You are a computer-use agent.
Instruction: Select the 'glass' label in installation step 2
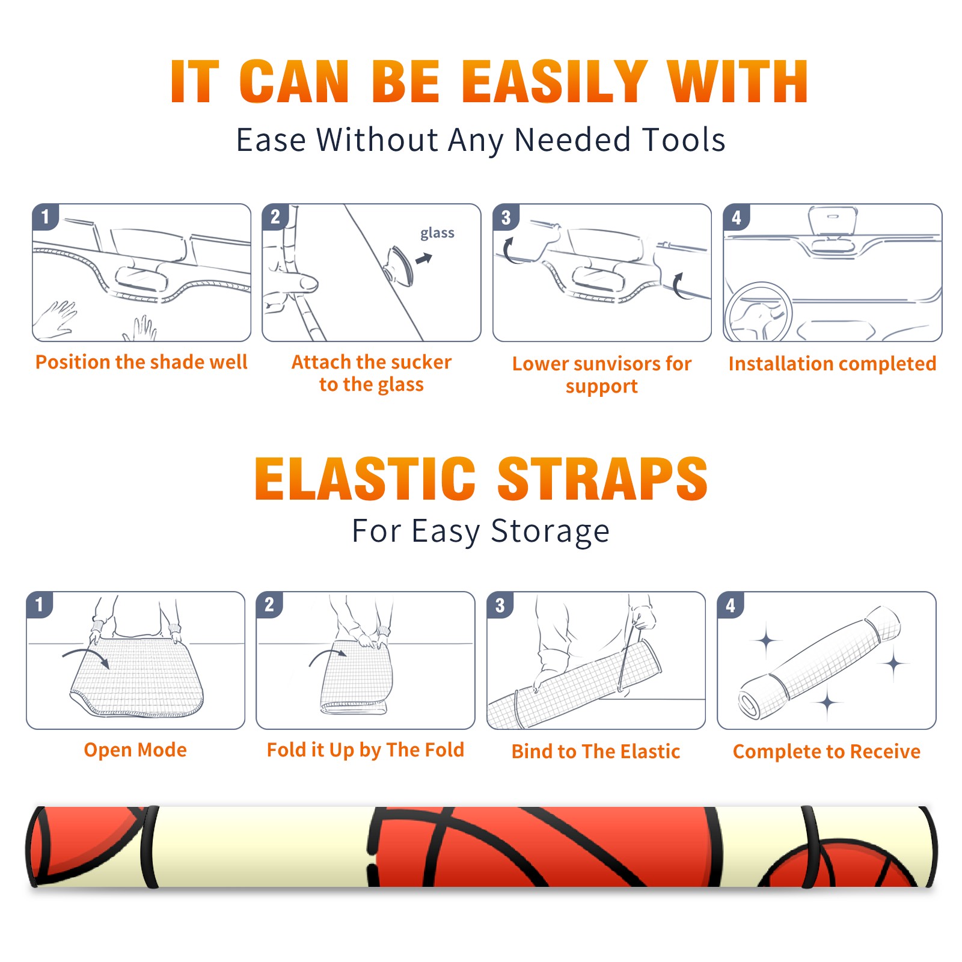point(437,233)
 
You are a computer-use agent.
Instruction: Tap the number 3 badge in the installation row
point(506,217)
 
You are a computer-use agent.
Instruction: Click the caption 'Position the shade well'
point(141,362)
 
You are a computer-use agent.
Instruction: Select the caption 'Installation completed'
point(832,363)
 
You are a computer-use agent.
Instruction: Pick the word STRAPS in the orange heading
point(602,479)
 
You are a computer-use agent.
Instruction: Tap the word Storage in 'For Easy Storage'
point(550,532)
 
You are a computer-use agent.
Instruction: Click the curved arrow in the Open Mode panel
point(86,656)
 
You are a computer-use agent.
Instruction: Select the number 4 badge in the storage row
point(731,605)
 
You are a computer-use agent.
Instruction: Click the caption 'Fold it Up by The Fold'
point(366,750)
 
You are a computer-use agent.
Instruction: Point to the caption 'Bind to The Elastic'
point(596,752)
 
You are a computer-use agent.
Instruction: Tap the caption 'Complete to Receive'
point(827,752)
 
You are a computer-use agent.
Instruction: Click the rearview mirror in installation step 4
point(832,220)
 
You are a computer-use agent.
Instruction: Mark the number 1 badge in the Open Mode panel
point(40,604)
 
